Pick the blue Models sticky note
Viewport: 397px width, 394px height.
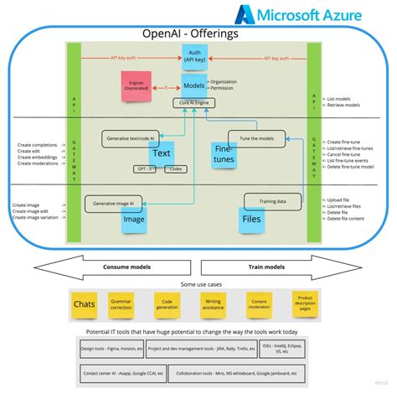point(194,86)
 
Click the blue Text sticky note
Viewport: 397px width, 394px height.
point(161,153)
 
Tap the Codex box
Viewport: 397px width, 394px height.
point(173,168)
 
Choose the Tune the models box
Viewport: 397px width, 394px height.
point(255,137)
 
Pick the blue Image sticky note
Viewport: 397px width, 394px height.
point(135,220)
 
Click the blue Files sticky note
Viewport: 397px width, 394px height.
point(251,220)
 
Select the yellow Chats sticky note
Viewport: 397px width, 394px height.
point(85,303)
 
